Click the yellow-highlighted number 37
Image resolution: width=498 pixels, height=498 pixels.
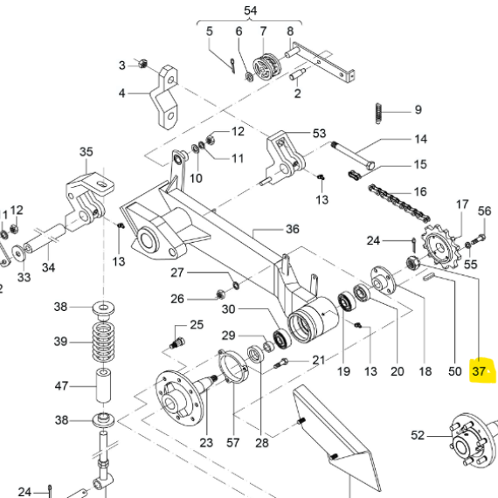(x=479, y=371)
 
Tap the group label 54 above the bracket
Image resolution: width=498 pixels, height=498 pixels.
(x=250, y=10)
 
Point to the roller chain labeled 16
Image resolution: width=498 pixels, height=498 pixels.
(x=399, y=204)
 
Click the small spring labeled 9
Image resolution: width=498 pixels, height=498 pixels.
(x=378, y=114)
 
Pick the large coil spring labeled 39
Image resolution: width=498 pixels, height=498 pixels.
(x=103, y=342)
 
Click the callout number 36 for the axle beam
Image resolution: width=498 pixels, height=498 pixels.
(x=292, y=229)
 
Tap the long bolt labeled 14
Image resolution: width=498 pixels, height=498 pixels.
(x=353, y=156)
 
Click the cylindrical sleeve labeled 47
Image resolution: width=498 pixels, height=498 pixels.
(x=104, y=385)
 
